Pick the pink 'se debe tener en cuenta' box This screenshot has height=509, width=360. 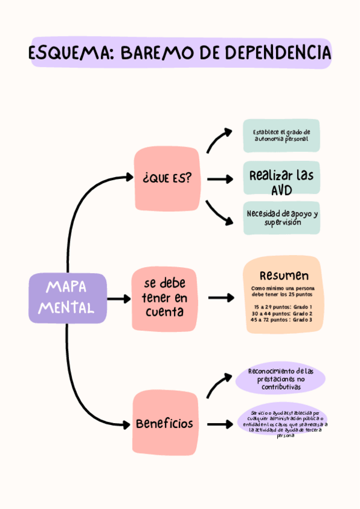tap(164, 298)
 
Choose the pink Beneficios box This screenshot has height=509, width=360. tap(164, 423)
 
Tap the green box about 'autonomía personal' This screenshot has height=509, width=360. tap(281, 136)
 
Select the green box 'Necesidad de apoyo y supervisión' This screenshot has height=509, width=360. tap(281, 218)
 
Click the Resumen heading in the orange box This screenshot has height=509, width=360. tap(284, 276)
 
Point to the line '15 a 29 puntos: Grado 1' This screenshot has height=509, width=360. tap(283, 307)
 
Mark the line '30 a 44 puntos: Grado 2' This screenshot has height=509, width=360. tap(283, 313)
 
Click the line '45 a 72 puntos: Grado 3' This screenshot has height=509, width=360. tap(283, 320)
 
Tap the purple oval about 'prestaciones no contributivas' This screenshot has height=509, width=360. tap(281, 379)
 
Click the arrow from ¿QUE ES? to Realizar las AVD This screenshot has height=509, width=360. tap(220, 179)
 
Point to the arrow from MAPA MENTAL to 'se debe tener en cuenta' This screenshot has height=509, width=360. tap(119, 298)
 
